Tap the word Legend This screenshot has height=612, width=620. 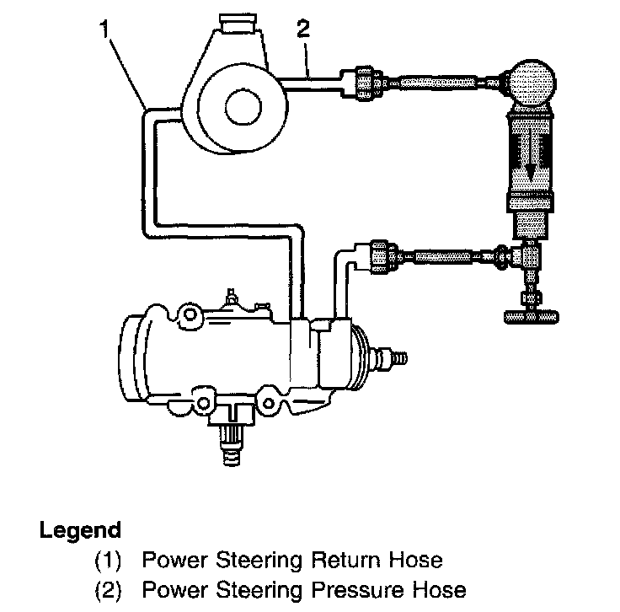point(80,531)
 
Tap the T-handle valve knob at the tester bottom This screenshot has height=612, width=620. point(532,317)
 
